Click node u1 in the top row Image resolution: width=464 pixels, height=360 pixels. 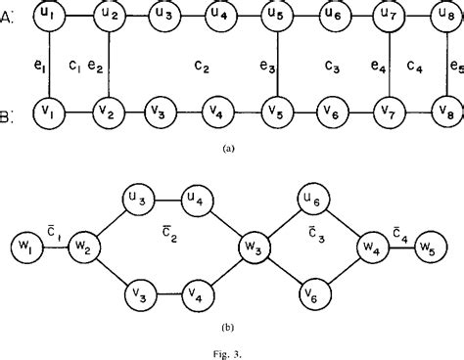[48, 17]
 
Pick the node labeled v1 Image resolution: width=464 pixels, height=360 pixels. [48, 111]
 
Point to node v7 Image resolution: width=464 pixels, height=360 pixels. [390, 111]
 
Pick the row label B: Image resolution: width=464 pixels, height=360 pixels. [11, 118]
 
